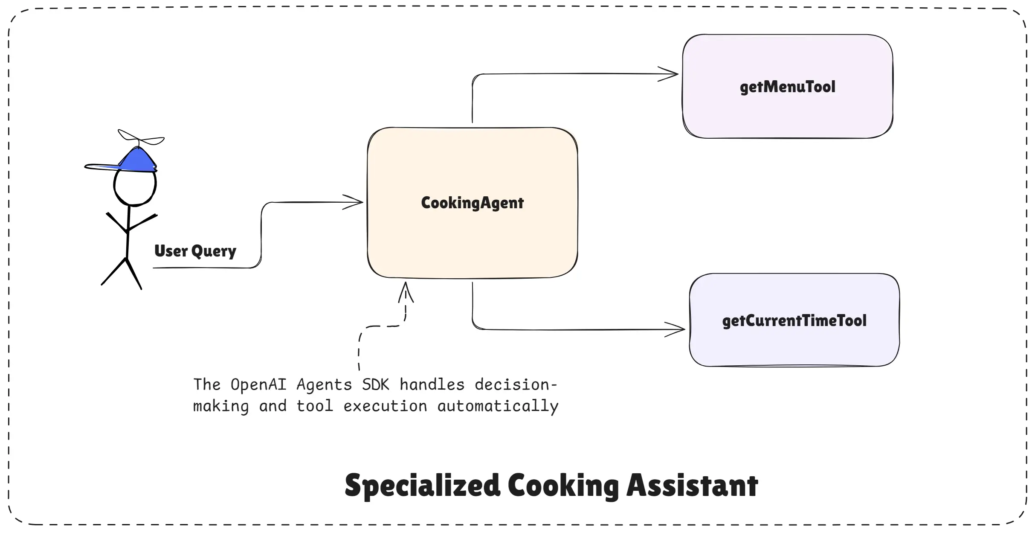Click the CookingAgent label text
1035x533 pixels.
click(x=472, y=203)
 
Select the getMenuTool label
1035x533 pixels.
click(x=787, y=87)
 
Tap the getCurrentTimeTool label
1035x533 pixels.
click(x=794, y=321)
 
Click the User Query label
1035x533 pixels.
click(x=195, y=251)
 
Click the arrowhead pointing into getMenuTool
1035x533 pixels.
click(x=670, y=74)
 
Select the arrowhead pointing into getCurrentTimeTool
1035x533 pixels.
click(x=676, y=329)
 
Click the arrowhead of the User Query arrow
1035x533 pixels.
click(x=354, y=202)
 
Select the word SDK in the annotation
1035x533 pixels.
click(x=375, y=385)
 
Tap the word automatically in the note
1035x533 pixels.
click(x=498, y=406)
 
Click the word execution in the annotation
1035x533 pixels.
click(x=385, y=406)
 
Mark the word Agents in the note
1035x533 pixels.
click(x=324, y=385)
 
